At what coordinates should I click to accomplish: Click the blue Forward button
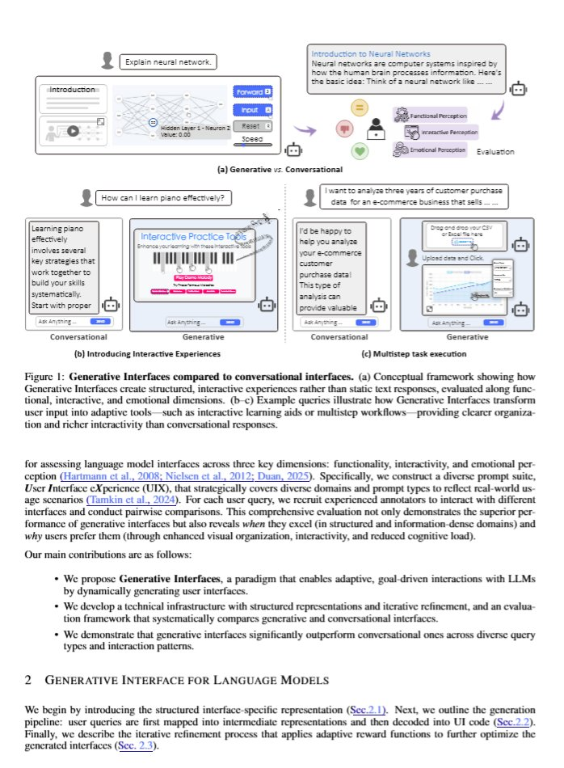(x=252, y=92)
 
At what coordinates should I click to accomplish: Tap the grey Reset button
(x=252, y=126)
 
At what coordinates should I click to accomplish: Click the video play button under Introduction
(x=72, y=130)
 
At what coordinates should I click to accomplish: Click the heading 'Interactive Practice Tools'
(x=193, y=236)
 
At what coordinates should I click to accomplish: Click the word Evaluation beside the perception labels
(x=495, y=152)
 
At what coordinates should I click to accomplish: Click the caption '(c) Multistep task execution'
(x=412, y=353)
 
